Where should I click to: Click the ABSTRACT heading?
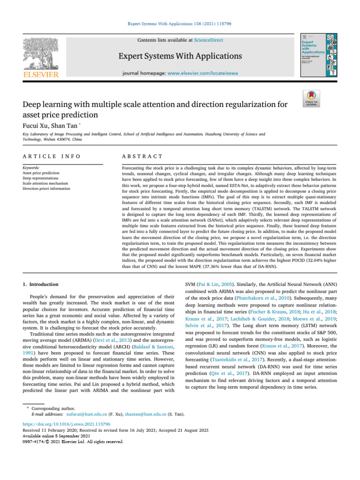[x=142, y=156]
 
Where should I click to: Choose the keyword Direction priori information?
[x=46, y=188]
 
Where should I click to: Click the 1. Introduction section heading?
[x=41, y=284]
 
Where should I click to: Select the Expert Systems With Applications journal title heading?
[x=180, y=57]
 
